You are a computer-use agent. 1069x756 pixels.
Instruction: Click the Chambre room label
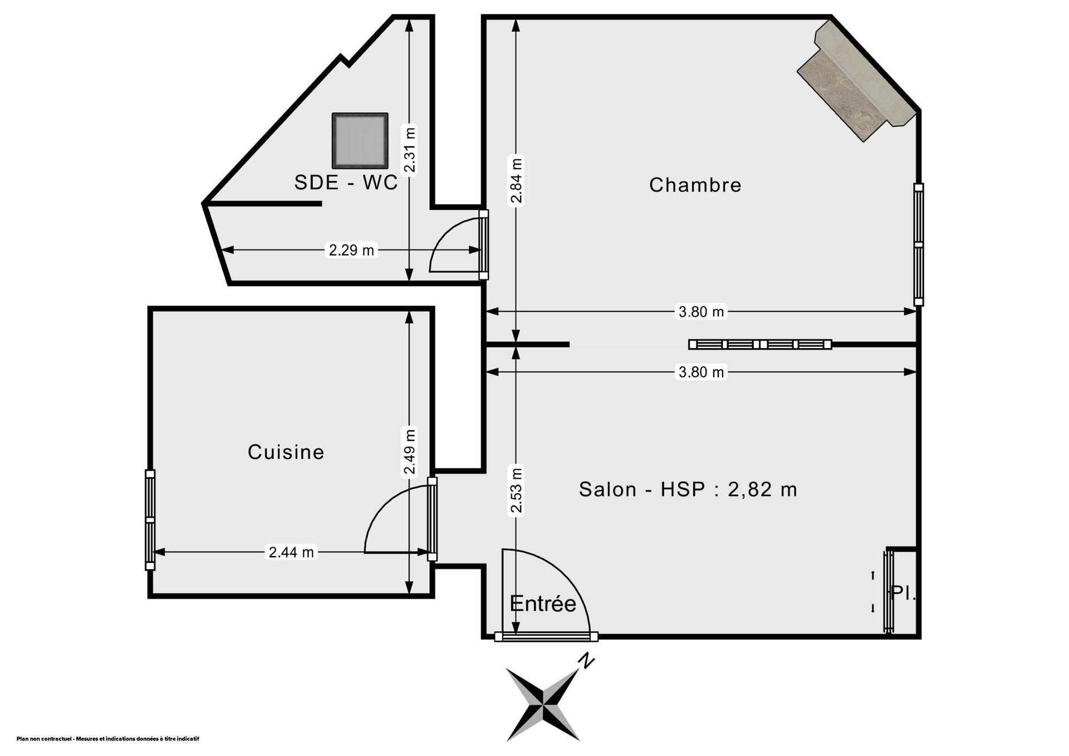(695, 185)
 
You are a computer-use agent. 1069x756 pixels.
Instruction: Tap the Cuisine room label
(286, 452)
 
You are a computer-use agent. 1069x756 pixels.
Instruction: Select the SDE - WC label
(346, 183)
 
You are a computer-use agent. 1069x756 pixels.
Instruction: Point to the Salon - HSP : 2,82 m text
(688, 489)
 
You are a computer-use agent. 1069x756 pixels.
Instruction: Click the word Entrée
(543, 603)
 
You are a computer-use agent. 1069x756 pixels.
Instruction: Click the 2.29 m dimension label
(351, 251)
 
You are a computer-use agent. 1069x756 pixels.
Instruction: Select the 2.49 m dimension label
(410, 451)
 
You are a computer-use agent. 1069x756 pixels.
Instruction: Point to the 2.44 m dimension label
(291, 552)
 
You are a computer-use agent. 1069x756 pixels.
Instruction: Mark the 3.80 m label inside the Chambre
(701, 312)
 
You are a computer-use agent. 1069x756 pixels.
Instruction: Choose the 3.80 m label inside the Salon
(701, 372)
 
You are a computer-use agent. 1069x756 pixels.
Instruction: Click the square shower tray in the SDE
(360, 141)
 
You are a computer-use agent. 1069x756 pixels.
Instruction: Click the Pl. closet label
(903, 592)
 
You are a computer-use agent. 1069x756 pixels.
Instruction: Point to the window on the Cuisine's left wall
(150, 520)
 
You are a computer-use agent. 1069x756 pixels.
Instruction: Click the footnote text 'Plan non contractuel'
(45, 739)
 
